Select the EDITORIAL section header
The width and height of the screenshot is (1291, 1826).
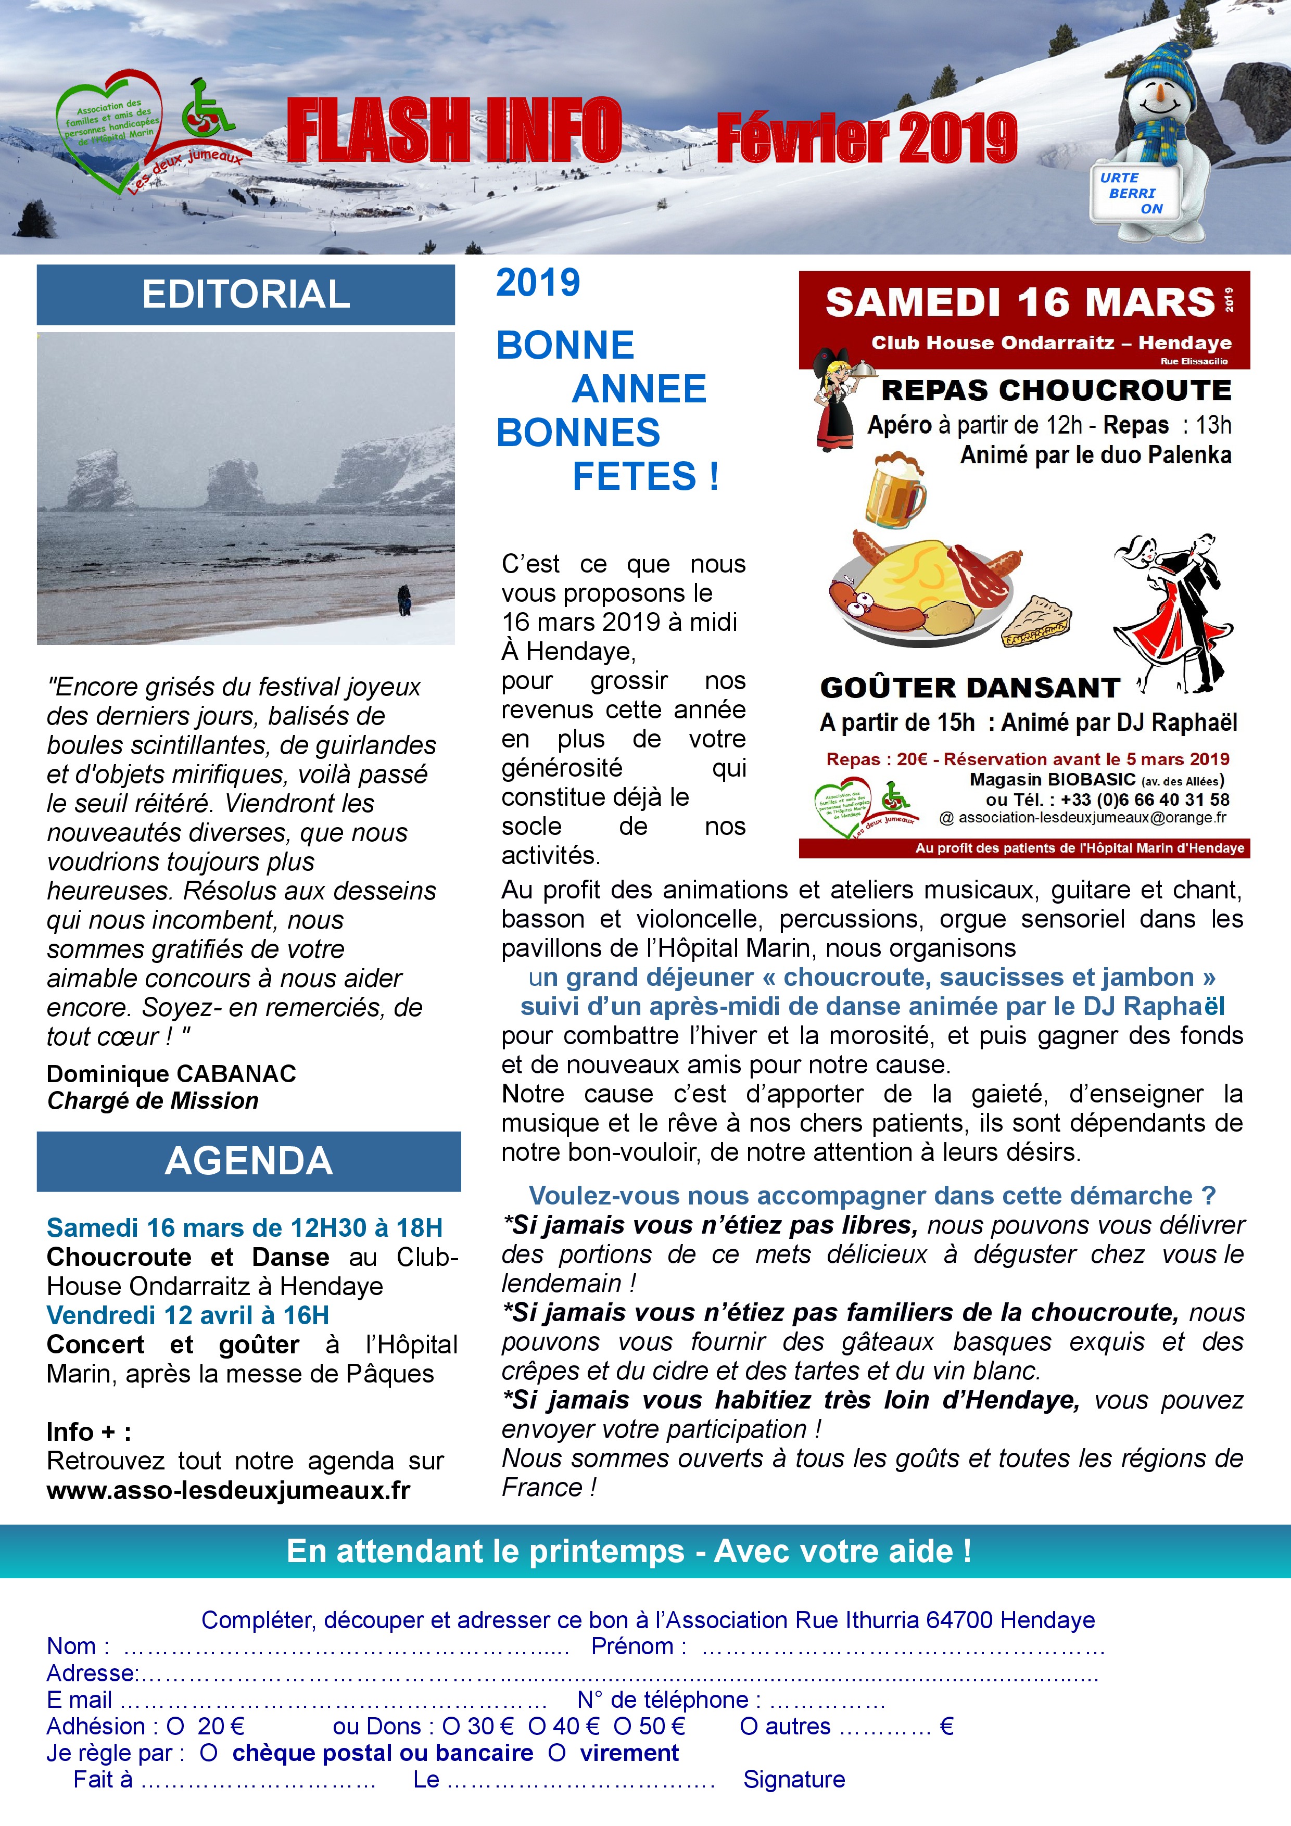tap(246, 294)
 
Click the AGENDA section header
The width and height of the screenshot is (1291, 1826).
tap(248, 1161)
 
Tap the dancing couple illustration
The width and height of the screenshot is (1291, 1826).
tap(1169, 608)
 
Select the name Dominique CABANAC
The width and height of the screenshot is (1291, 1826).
tap(171, 1074)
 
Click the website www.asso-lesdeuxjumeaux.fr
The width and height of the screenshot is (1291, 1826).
tap(229, 1490)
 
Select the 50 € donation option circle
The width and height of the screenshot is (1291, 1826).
tap(622, 1727)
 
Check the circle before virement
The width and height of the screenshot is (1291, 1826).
tap(557, 1753)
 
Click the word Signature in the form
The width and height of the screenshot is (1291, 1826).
tap(794, 1779)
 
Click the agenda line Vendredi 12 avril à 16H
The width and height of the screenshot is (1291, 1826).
tap(188, 1315)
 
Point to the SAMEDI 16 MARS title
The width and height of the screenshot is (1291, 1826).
tap(1020, 303)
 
